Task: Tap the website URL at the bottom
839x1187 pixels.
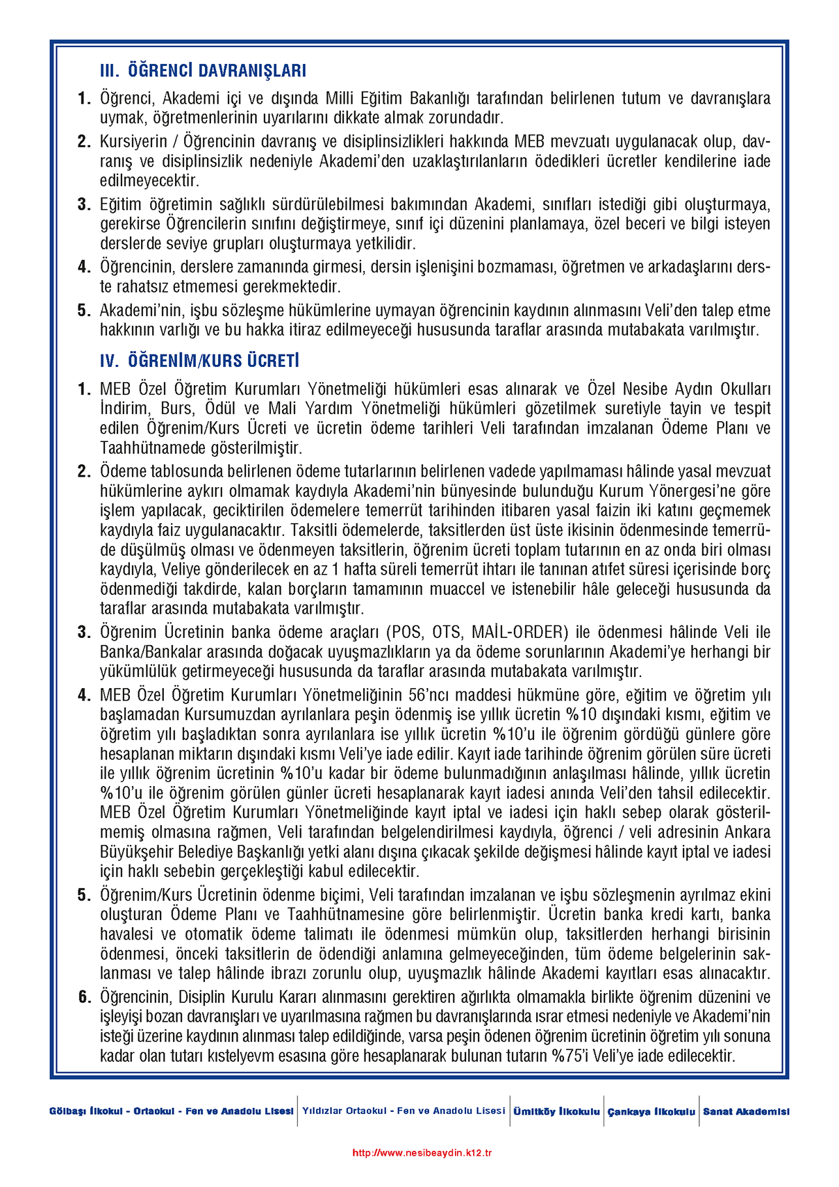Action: [x=422, y=1153]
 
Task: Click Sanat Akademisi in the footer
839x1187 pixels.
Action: [x=746, y=1111]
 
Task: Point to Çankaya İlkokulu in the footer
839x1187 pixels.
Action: [x=651, y=1111]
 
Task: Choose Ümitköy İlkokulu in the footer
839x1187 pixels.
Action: [x=556, y=1111]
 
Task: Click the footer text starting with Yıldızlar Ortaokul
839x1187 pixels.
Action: [x=404, y=1111]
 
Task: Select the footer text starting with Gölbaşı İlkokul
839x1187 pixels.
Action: [x=172, y=1111]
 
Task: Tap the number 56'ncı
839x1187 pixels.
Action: [x=431, y=695]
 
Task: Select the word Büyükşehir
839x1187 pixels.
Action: [x=135, y=852]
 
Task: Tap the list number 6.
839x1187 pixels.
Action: [x=84, y=997]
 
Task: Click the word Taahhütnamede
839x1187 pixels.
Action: [x=144, y=448]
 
